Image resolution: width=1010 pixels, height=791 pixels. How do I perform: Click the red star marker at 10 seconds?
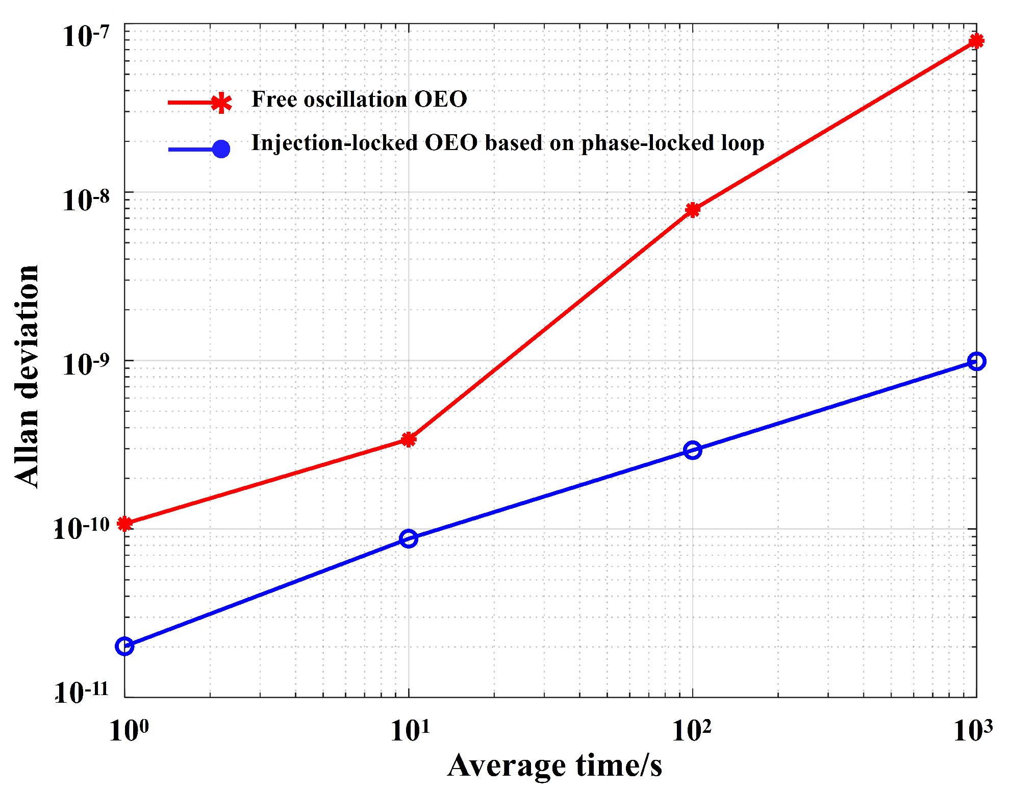[x=409, y=439]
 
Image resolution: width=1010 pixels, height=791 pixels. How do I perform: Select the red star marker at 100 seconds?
[x=692, y=210]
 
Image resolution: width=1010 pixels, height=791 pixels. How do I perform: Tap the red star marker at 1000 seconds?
[x=976, y=41]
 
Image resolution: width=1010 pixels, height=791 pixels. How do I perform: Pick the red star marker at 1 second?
[x=125, y=523]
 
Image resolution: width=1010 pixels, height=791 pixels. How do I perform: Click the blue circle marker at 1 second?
[x=124, y=646]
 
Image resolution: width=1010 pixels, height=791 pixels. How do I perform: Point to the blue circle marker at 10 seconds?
[x=409, y=538]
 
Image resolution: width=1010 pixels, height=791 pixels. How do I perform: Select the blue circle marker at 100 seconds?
[x=692, y=450]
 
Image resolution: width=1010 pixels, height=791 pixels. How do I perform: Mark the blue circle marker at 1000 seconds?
[x=976, y=361]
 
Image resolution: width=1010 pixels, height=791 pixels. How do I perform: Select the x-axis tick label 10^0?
[x=129, y=730]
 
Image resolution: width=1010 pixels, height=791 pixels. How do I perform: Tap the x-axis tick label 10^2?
[x=691, y=730]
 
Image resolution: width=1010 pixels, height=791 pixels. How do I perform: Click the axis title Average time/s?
[x=554, y=765]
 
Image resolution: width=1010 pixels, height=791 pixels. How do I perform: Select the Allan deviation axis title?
[x=27, y=376]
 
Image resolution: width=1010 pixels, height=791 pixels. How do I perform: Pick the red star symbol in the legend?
[x=221, y=103]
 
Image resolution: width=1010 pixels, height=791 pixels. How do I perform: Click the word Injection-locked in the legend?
[x=335, y=143]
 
